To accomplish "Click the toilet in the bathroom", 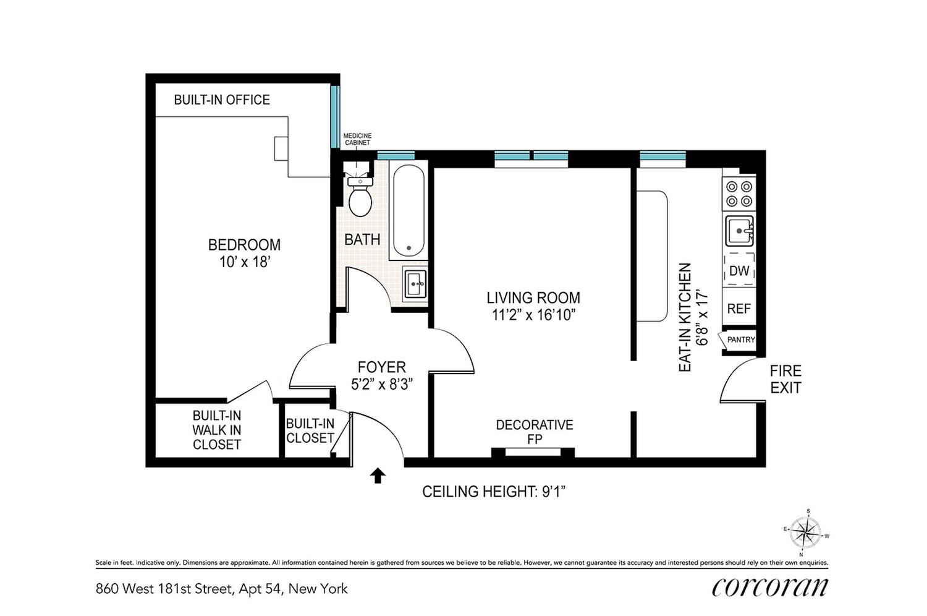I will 359,197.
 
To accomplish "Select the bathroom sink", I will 415,284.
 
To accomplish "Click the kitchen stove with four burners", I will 739,193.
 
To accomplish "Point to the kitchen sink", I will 739,231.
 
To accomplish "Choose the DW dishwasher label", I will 739,271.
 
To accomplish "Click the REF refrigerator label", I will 739,309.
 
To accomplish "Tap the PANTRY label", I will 741,340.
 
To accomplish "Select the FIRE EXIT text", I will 785,379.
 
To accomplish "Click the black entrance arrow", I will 378,475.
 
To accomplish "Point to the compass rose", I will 806,532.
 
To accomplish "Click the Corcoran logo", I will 769,586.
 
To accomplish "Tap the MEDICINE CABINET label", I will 357,139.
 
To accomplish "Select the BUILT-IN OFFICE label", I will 222,100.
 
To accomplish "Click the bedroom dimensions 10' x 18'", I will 245,262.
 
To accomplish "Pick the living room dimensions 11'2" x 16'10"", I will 533,315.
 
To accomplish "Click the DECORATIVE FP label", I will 534,432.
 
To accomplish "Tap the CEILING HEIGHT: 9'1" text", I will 494,492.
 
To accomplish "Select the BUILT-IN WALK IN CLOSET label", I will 216,430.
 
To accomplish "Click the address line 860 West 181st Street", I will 221,589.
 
